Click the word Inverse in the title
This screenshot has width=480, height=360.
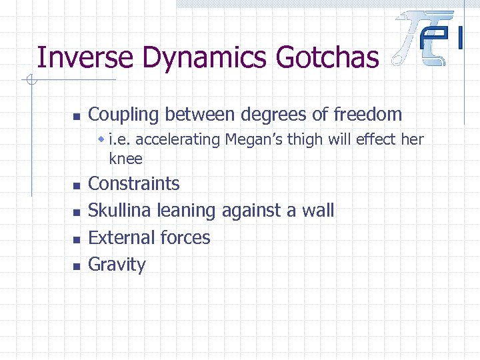(75, 57)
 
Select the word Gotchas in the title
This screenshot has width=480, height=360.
(327, 57)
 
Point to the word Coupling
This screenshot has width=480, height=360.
(124, 115)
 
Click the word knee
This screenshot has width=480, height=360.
(125, 159)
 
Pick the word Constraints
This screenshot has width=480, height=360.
(134, 183)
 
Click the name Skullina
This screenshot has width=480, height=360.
(120, 211)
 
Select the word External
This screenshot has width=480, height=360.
(118, 237)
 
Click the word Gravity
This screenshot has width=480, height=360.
(117, 265)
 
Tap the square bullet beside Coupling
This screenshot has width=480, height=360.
(76, 116)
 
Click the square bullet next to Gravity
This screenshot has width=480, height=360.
(76, 266)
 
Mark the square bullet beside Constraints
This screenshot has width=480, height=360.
(76, 185)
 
